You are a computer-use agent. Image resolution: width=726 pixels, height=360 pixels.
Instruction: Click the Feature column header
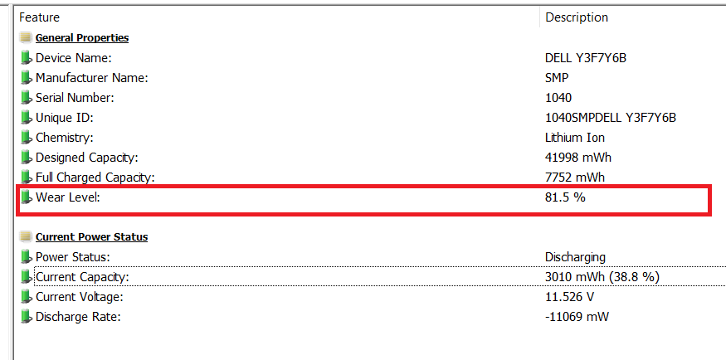tap(39, 17)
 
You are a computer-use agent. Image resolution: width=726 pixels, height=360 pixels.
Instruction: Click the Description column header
tap(577, 17)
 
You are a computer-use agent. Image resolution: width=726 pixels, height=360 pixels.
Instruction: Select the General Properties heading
tap(82, 38)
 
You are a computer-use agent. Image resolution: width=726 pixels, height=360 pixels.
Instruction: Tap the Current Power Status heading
tap(91, 237)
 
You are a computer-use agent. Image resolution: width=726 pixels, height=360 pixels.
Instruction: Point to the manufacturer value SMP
tap(557, 78)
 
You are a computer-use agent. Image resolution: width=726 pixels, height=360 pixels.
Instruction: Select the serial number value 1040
tap(558, 98)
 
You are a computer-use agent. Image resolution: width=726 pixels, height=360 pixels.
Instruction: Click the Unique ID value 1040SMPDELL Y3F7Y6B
tap(611, 118)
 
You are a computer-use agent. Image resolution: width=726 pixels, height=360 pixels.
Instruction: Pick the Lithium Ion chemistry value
tap(575, 138)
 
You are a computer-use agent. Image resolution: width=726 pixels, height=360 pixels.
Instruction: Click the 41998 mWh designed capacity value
tap(578, 158)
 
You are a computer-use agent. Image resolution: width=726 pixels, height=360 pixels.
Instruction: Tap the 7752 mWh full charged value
tap(575, 178)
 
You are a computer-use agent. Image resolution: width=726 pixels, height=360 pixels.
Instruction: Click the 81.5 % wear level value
tap(565, 197)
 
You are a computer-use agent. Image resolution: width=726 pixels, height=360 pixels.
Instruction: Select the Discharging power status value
tap(576, 257)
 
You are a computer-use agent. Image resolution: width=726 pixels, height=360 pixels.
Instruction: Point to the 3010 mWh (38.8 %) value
tap(602, 277)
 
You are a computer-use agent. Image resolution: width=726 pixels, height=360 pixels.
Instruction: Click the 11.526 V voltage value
tap(570, 297)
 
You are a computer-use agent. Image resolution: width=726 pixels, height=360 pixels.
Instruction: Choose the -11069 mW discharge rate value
tap(577, 317)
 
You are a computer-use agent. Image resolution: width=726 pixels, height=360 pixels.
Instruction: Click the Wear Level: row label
tap(68, 197)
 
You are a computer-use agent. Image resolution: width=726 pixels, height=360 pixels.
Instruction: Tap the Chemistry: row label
tap(65, 138)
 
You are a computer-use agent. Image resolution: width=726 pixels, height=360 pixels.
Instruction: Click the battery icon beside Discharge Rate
tap(27, 317)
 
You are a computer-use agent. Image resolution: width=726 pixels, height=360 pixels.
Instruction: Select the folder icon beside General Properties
tap(26, 38)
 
